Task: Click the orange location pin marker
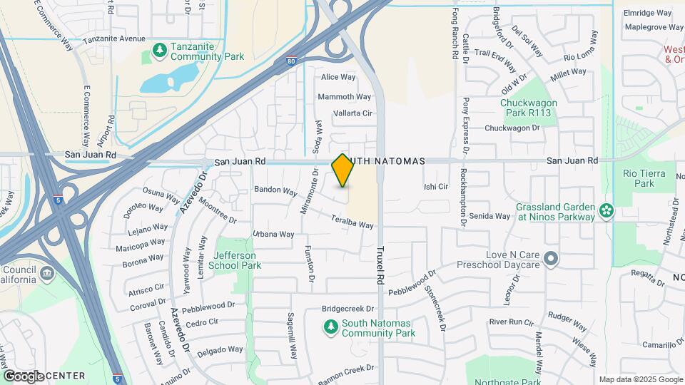(x=342, y=170)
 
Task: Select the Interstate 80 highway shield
(x=292, y=62)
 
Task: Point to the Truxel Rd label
(x=380, y=264)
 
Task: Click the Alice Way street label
(x=338, y=77)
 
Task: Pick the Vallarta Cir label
(x=352, y=113)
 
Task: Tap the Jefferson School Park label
(x=238, y=260)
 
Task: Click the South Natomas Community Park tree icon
(x=330, y=327)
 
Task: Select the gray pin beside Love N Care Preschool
(x=550, y=258)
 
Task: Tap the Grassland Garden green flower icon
(x=607, y=210)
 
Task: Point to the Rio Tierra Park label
(x=644, y=178)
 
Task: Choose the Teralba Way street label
(x=352, y=222)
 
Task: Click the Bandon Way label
(x=275, y=191)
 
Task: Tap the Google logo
(x=24, y=376)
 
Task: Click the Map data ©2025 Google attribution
(x=640, y=379)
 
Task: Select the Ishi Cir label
(x=435, y=187)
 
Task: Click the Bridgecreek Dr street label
(x=347, y=309)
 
